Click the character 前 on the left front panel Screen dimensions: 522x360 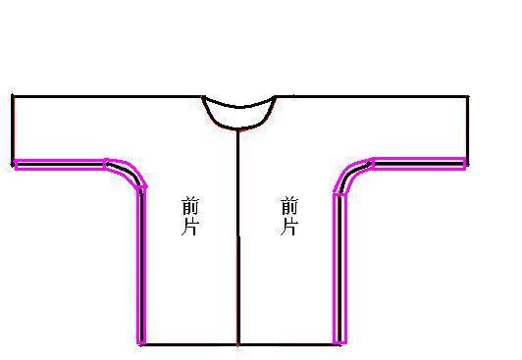(x=190, y=207)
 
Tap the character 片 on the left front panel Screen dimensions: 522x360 (x=190, y=227)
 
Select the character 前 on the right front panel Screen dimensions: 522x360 (x=289, y=206)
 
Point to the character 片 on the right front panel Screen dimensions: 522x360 (x=288, y=227)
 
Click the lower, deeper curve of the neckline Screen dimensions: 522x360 (x=238, y=129)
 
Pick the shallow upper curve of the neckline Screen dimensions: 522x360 (x=238, y=107)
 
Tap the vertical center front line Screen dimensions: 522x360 (x=238, y=237)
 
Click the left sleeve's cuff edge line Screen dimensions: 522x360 (x=13, y=129)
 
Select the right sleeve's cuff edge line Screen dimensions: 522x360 (x=467, y=130)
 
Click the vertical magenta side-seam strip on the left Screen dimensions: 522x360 (x=141, y=266)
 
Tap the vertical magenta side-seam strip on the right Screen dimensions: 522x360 (x=339, y=269)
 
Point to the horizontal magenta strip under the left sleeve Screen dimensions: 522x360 (x=60, y=165)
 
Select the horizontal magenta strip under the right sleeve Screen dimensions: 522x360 (x=420, y=164)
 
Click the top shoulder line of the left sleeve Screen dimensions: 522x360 (x=107, y=97)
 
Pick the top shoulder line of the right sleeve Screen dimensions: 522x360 (x=372, y=96)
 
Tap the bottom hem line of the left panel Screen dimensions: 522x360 (x=188, y=344)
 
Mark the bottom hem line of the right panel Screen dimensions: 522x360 (x=288, y=344)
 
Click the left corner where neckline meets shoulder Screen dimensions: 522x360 (x=202, y=97)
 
